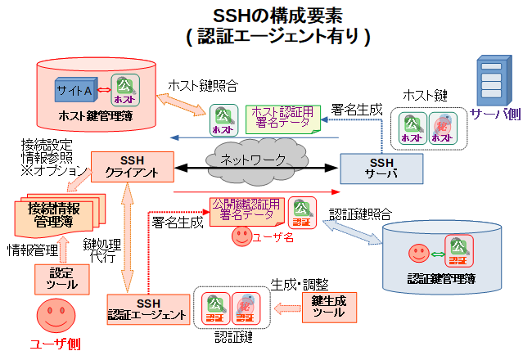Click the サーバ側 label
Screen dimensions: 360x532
[495, 114]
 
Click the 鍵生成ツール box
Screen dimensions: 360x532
[330, 308]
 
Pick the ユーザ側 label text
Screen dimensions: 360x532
[54, 344]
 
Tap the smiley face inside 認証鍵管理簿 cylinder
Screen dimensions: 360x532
[418, 249]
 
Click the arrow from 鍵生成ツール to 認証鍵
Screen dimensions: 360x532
[286, 308]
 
